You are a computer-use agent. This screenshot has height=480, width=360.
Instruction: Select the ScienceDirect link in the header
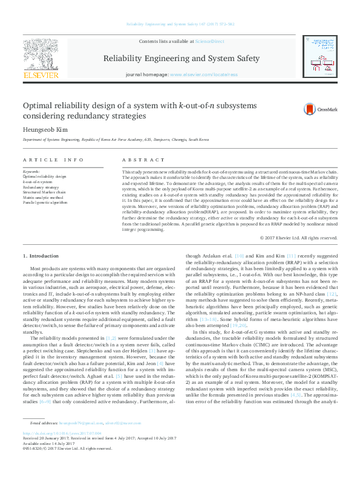pyautogui.click(x=209, y=41)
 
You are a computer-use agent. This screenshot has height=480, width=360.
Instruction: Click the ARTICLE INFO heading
pyautogui.click(x=54, y=160)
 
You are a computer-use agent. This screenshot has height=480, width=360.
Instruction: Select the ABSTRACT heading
pyautogui.click(x=143, y=160)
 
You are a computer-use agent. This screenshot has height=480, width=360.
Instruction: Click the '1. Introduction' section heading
pyautogui.click(x=41, y=257)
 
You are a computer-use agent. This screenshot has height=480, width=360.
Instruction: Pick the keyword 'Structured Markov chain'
pyautogui.click(x=44, y=192)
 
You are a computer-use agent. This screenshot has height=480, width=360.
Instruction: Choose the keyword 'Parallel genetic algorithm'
pyautogui.click(x=45, y=203)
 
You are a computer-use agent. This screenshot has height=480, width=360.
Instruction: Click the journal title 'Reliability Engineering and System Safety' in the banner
pyautogui.click(x=182, y=59)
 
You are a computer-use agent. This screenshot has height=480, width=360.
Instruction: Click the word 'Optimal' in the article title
pyautogui.click(x=39, y=105)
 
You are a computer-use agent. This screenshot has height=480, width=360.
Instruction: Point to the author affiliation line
pyautogui.click(x=111, y=139)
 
